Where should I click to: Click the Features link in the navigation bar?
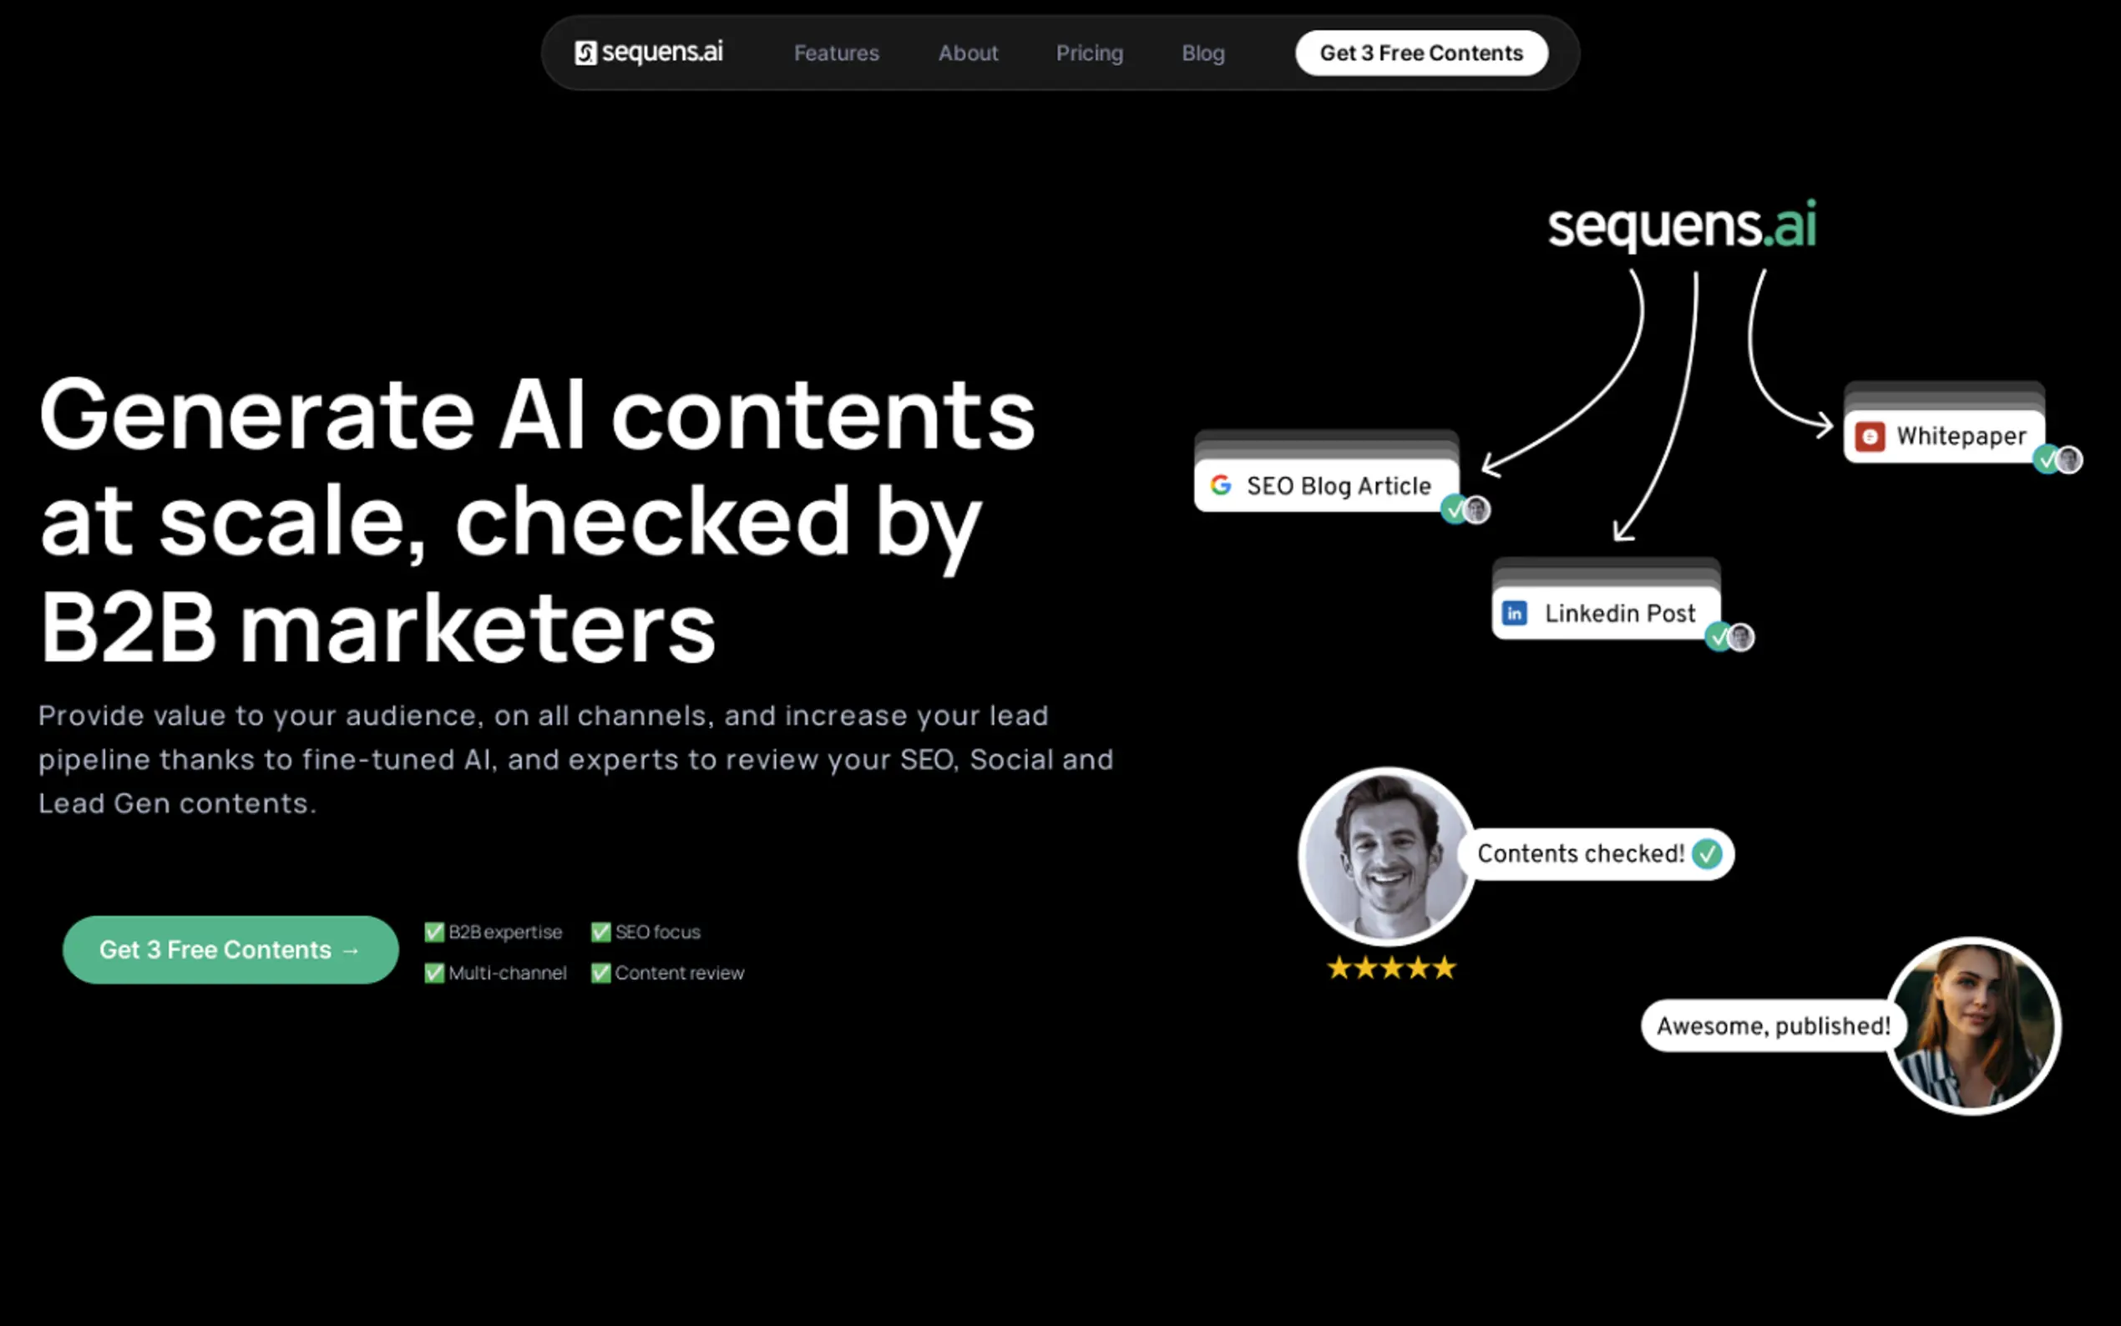tap(836, 53)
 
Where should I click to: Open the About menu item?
tap(968, 53)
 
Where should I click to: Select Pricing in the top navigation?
tap(1089, 53)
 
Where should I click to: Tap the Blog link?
tap(1203, 53)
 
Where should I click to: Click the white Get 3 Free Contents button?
tap(1421, 53)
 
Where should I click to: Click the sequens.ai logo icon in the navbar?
tap(585, 53)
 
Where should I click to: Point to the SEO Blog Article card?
tap(1327, 485)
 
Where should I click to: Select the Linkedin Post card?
tap(1607, 613)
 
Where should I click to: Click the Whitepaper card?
tap(1945, 436)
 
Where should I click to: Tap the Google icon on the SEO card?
tap(1221, 485)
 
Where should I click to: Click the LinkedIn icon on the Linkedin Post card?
tap(1514, 613)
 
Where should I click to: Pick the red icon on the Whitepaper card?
tap(1870, 436)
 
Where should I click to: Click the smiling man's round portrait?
tap(1387, 857)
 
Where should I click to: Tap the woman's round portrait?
tap(1973, 1026)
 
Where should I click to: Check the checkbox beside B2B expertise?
tap(434, 931)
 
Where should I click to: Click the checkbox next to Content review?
tap(600, 973)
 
